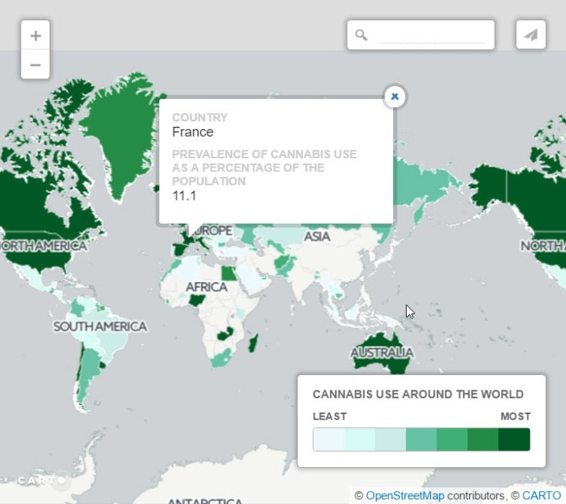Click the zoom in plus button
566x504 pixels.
35,35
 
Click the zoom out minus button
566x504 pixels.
35,65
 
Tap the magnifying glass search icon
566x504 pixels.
361,35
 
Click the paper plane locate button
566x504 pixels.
531,35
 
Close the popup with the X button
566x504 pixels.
395,97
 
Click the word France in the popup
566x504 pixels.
192,132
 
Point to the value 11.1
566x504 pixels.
184,195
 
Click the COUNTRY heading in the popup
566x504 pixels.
199,118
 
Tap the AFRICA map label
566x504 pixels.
206,287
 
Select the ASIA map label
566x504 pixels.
317,237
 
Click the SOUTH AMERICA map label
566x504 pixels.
100,327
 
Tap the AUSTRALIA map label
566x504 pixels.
381,353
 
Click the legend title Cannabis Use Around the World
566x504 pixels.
418,395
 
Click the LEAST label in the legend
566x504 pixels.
329,416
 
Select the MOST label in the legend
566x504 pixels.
515,416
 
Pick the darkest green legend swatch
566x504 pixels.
514,439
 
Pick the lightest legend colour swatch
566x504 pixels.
328,439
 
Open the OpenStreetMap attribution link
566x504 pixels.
405,496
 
